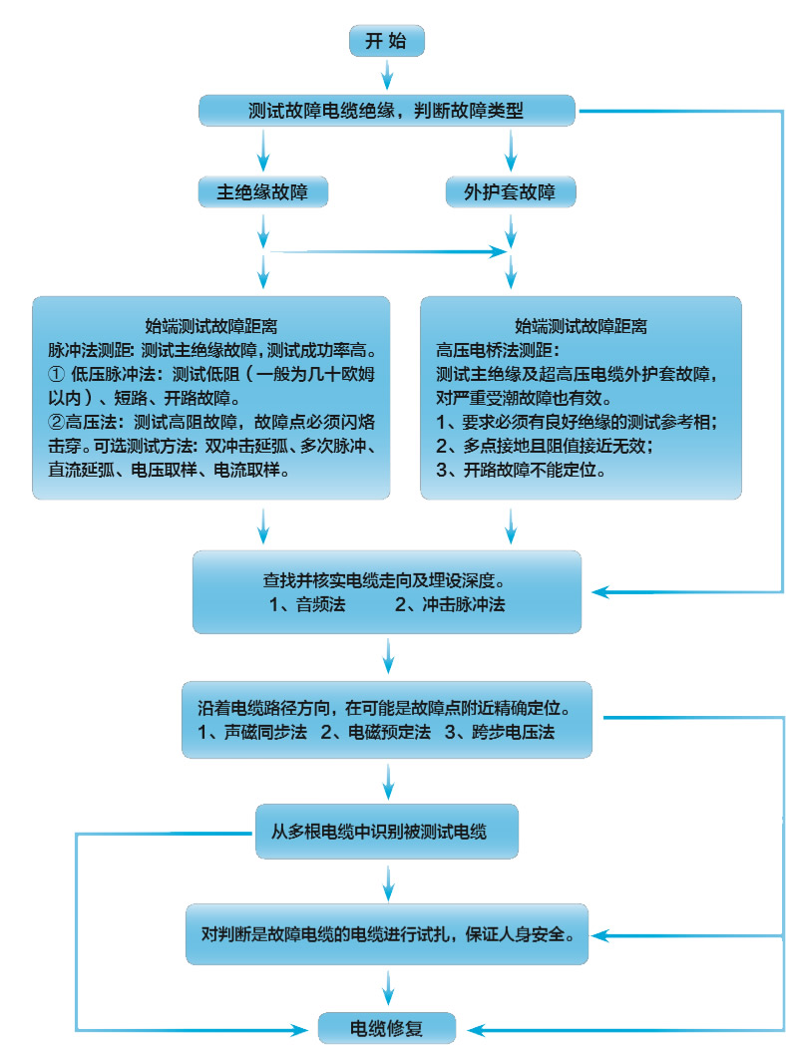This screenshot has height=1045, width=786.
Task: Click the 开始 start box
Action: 387,41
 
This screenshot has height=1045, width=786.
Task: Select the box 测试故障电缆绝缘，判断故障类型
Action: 387,111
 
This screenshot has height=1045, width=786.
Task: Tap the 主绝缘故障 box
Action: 263,191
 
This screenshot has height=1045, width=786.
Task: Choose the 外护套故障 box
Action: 511,191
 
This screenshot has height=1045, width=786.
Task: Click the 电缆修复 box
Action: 387,1028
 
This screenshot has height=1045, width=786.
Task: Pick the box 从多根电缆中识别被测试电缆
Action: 387,830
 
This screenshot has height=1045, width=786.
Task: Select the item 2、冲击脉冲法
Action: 450,604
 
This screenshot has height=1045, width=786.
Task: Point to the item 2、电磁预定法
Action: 375,733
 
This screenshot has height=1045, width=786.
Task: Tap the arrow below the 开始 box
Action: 387,75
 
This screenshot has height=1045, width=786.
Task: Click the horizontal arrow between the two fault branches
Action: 389,252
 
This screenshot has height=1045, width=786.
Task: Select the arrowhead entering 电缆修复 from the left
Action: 303,1028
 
